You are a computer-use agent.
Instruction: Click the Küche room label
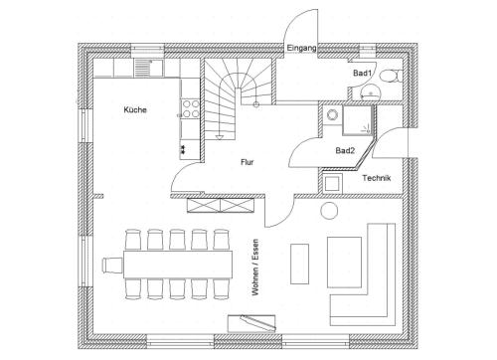point(135,109)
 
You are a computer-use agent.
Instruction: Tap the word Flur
point(248,162)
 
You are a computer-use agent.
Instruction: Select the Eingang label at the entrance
point(301,48)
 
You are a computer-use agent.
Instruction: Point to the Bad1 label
point(362,73)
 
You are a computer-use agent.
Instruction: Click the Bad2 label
point(345,150)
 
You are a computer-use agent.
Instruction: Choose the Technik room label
point(377,178)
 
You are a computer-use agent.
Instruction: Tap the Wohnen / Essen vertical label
point(255,268)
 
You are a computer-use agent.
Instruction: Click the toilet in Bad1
point(391,76)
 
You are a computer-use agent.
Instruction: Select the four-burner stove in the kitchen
point(190,109)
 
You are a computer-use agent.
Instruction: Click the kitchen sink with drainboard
point(149,68)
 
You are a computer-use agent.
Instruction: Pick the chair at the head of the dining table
point(112,266)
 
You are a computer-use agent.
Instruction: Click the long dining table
point(178,265)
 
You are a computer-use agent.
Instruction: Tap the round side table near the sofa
point(329,211)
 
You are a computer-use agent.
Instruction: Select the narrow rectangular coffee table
point(299,264)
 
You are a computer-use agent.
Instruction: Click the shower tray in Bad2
point(357,120)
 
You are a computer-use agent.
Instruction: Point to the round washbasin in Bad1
point(370,91)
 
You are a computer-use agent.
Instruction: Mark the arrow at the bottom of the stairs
point(220,137)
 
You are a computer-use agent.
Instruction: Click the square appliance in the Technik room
point(332,183)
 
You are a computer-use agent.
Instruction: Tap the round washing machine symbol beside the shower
point(332,115)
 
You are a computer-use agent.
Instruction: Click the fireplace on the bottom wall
point(251,323)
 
